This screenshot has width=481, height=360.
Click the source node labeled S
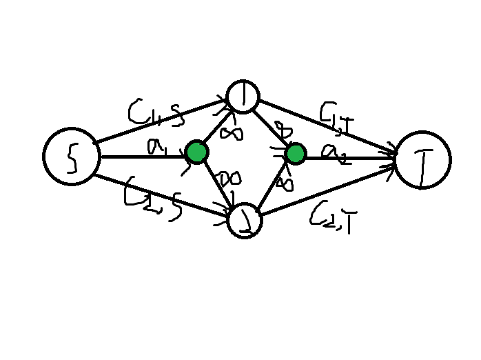click(x=71, y=157)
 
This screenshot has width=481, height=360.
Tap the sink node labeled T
click(x=422, y=159)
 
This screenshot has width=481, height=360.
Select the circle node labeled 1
click(x=243, y=97)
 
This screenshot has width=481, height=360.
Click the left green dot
click(x=196, y=152)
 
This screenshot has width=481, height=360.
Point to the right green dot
click(x=295, y=154)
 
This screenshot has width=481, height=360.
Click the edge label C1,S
click(x=156, y=114)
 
